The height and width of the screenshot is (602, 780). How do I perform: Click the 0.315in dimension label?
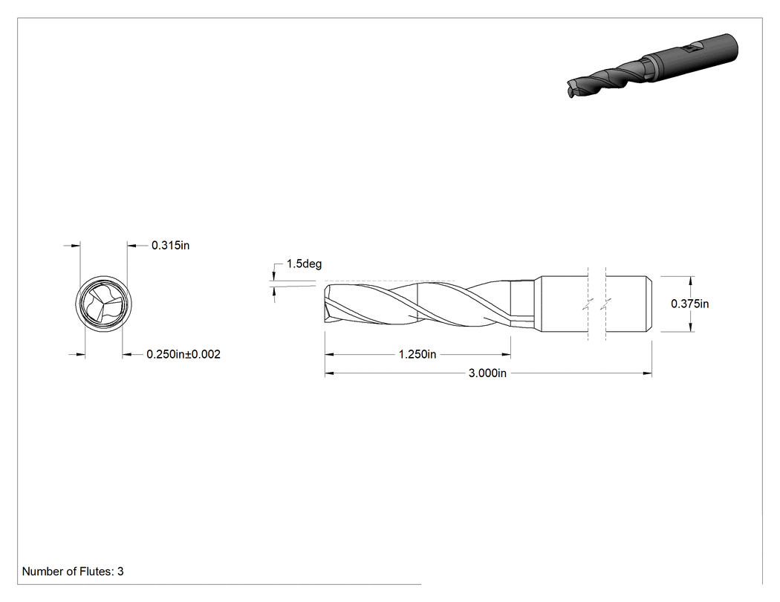point(170,245)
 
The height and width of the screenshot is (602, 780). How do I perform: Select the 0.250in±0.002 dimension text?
point(183,354)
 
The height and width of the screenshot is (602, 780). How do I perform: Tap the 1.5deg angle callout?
point(304,264)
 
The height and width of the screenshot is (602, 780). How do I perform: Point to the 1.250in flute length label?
point(417,354)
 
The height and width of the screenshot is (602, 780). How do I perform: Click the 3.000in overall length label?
point(487,373)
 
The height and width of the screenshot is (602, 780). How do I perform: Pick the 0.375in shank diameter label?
point(689,304)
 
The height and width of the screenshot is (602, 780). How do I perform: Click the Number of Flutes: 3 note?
point(73,571)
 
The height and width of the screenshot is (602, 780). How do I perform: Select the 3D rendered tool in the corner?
point(653,65)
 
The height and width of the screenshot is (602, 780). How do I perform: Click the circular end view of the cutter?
point(104,303)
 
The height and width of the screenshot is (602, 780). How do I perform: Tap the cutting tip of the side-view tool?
point(327,304)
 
